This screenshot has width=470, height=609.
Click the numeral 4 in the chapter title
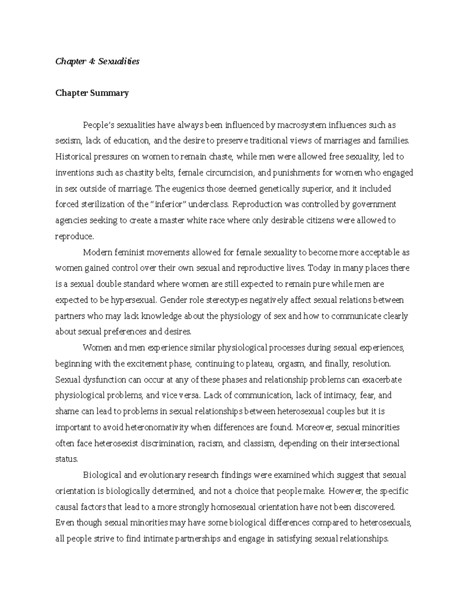[x=90, y=62]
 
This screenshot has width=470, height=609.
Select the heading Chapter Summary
[x=92, y=93]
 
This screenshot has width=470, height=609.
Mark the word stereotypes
[x=222, y=300]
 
